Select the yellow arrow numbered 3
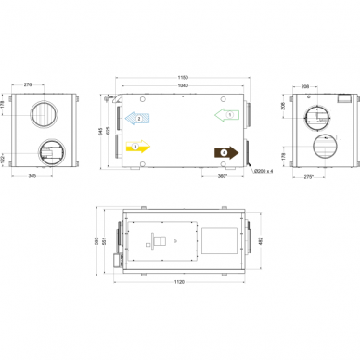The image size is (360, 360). point(136,147)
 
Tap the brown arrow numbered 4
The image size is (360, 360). point(226,151)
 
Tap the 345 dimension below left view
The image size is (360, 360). point(32,175)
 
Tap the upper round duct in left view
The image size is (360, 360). point(45,113)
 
